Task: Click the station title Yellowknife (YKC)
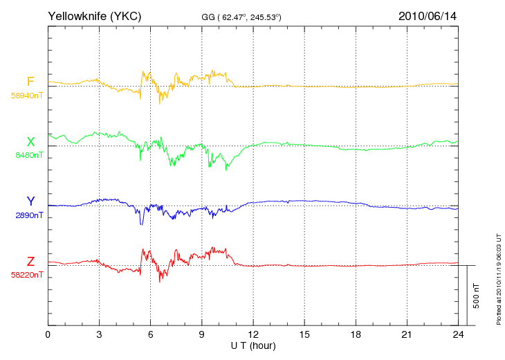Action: click(94, 16)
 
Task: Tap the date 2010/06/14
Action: click(428, 16)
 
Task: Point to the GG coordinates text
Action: click(241, 17)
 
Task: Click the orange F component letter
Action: click(30, 82)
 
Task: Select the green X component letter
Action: click(30, 142)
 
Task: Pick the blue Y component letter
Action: click(30, 201)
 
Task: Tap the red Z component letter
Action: click(30, 262)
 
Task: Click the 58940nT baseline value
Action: click(27, 96)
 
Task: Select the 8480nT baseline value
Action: click(29, 155)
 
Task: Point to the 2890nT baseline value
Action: click(29, 215)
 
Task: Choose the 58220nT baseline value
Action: click(27, 275)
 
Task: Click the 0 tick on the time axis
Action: click(48, 334)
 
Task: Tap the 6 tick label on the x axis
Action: click(150, 334)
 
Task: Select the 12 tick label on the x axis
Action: click(253, 334)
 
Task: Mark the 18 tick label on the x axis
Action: click(356, 334)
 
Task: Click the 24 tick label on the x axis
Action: click(458, 334)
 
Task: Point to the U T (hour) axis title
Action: click(253, 346)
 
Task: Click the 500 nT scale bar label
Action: click(477, 296)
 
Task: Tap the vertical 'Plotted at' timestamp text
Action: click(499, 280)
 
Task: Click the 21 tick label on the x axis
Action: click(407, 334)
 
